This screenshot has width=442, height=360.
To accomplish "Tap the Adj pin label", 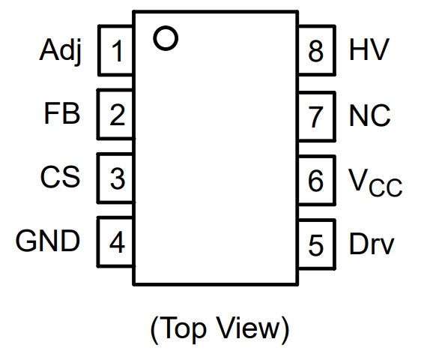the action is pyautogui.click(x=61, y=51).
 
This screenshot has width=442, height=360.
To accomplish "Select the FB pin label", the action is pyautogui.click(x=62, y=113).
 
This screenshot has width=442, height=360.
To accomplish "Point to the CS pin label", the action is pyautogui.click(x=60, y=177).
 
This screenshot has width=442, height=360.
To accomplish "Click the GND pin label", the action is pyautogui.click(x=48, y=241).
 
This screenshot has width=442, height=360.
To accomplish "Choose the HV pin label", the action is pyautogui.click(x=369, y=49).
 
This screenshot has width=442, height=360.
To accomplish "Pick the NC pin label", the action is pyautogui.click(x=369, y=115).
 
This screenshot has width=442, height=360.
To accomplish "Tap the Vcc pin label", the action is pyautogui.click(x=375, y=182).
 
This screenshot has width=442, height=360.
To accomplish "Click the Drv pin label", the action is pyautogui.click(x=372, y=244).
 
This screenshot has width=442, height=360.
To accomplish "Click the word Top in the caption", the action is pyautogui.click(x=184, y=329).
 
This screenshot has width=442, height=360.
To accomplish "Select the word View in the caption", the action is pyautogui.click(x=249, y=327).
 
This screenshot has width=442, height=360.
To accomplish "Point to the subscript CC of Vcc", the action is pyautogui.click(x=385, y=187).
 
